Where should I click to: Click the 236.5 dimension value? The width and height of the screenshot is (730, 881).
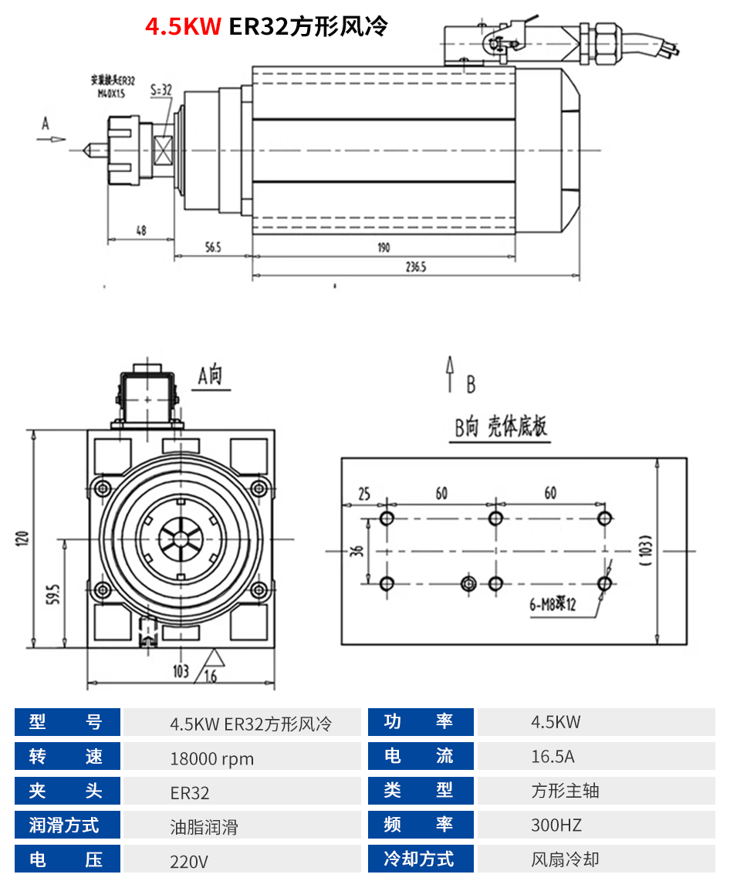415,267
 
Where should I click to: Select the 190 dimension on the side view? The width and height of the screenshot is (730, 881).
384,248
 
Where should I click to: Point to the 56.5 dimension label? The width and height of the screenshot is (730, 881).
213,248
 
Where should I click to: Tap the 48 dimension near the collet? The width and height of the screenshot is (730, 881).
140,229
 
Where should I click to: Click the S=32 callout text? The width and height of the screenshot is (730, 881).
161,90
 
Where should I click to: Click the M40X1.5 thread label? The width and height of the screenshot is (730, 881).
108,93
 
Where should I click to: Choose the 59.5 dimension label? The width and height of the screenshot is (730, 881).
53,594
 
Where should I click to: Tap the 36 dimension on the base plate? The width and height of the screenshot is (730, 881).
357,552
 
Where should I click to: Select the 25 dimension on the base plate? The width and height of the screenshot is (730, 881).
364,494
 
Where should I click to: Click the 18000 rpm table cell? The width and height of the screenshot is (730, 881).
211,758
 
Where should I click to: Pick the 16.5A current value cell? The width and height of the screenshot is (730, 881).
553,756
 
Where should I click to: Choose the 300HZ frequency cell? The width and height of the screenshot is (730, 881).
556,825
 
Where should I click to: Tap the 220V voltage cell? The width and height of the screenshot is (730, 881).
189,861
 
